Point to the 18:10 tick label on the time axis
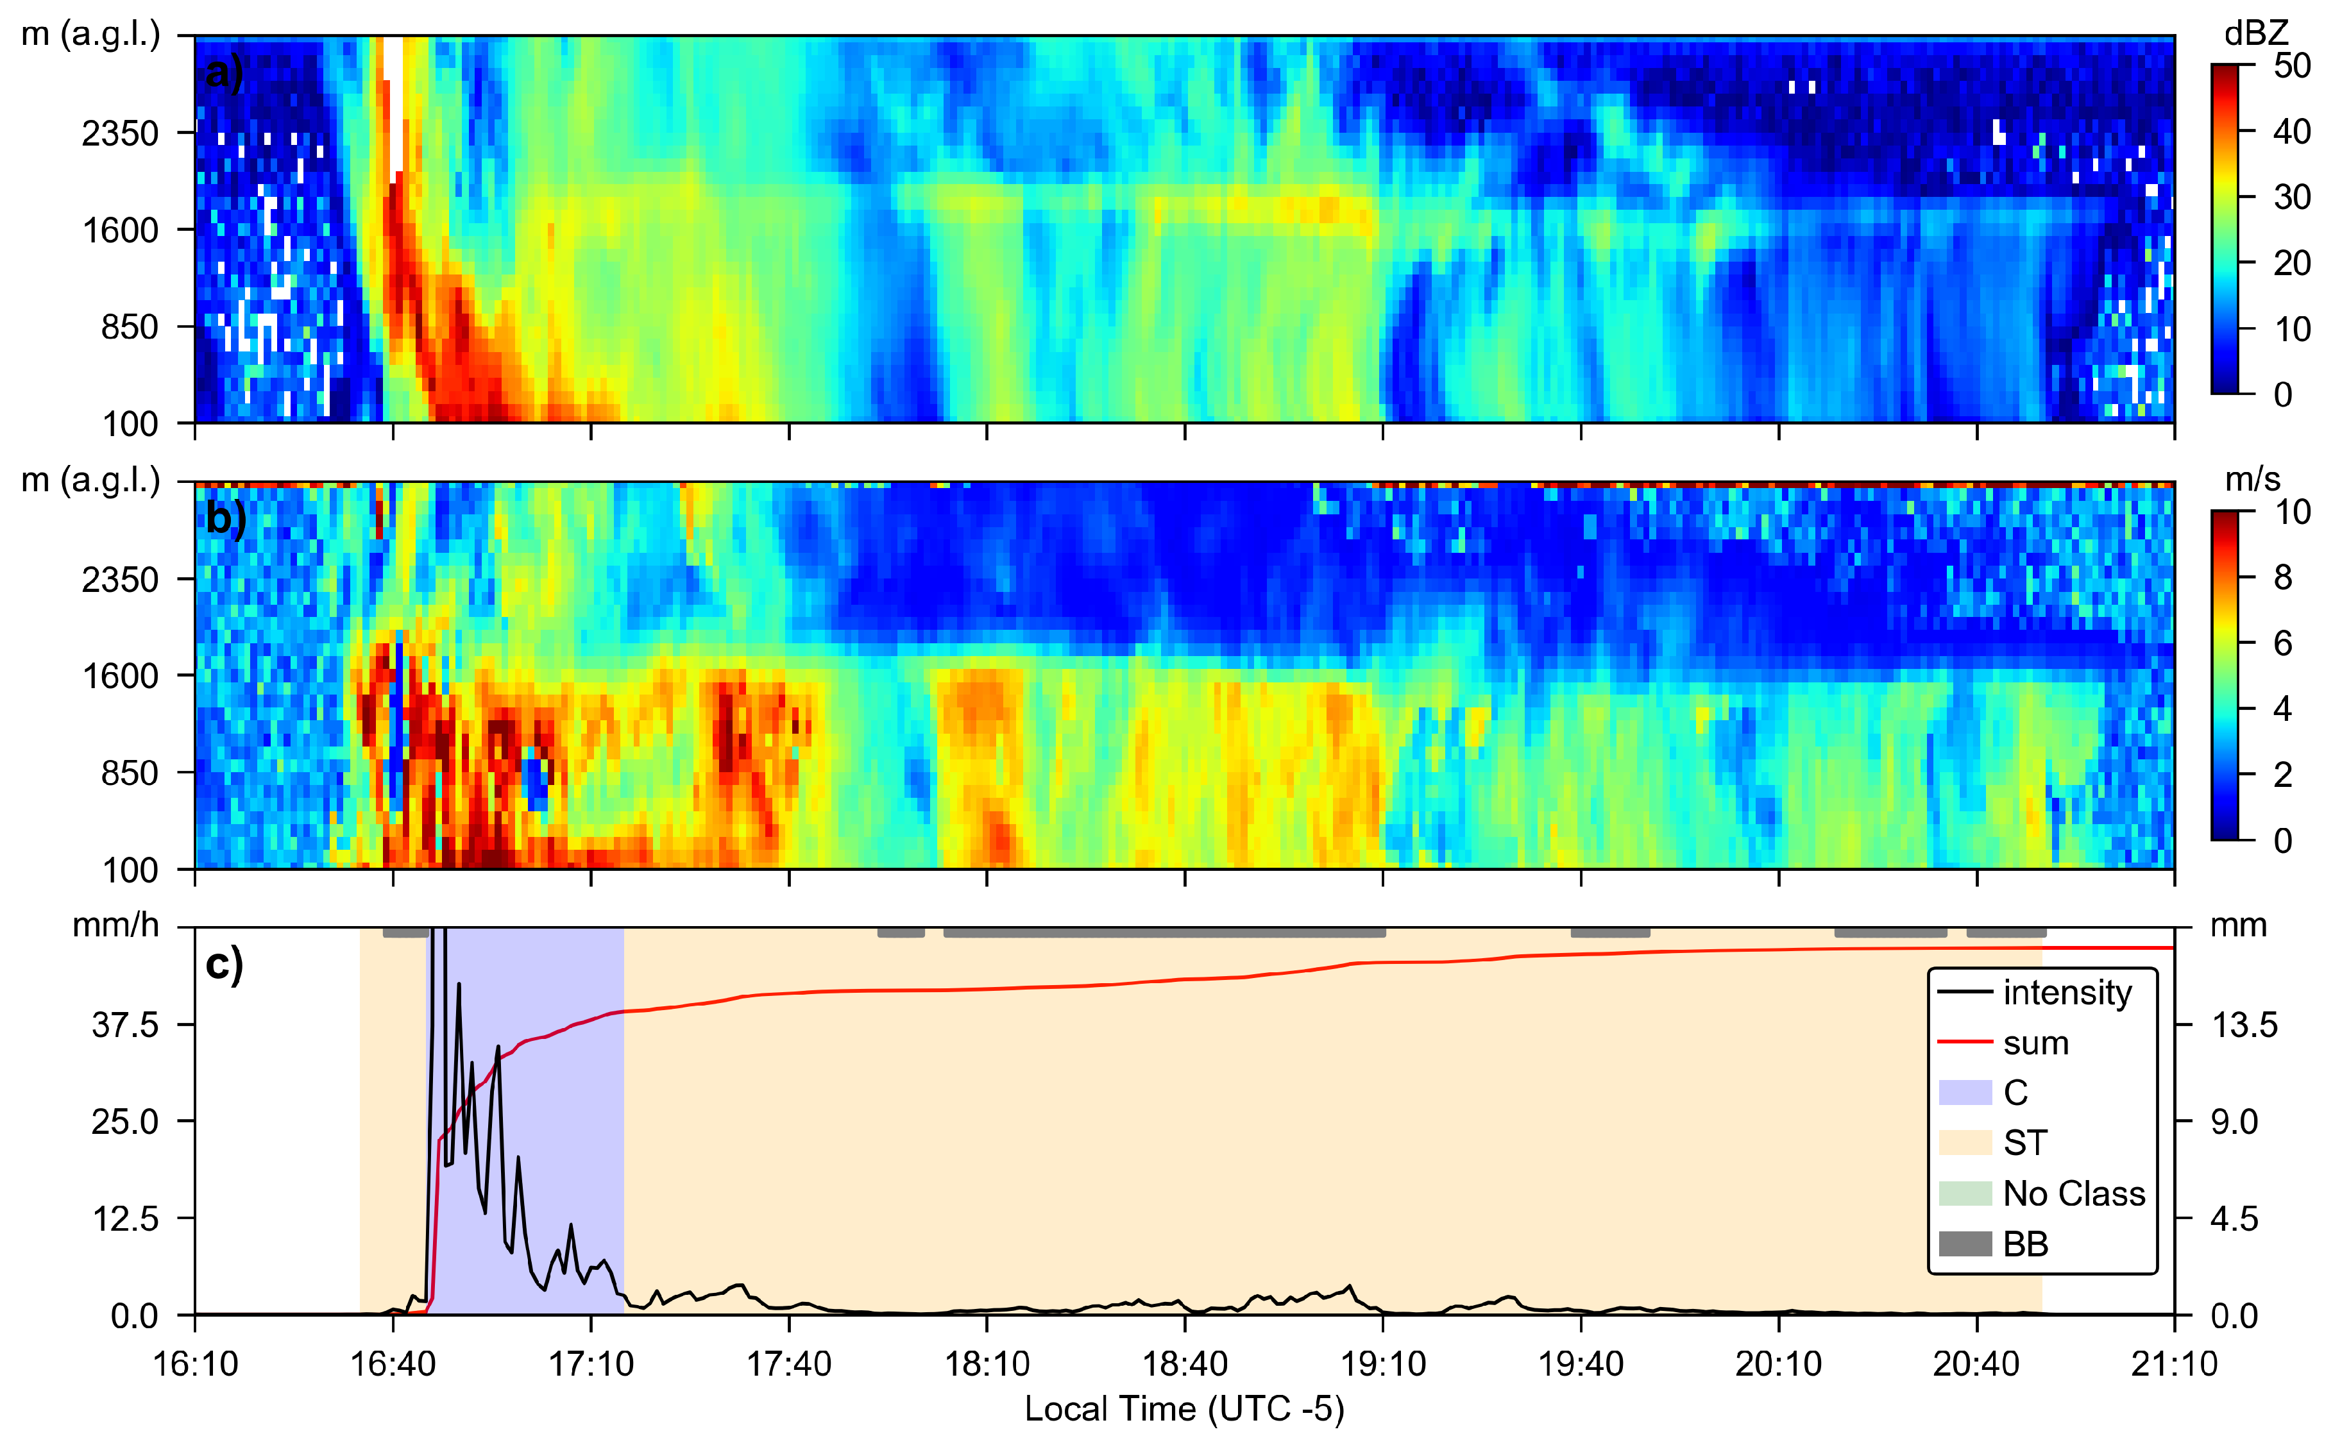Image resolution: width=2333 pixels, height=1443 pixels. (x=987, y=1363)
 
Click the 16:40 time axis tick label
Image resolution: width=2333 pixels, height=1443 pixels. (x=393, y=1363)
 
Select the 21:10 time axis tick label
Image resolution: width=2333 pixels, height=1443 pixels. (x=2173, y=1363)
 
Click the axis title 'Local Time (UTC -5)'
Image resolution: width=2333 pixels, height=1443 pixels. (x=1183, y=1408)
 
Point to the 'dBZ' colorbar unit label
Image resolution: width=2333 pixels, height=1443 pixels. (x=2255, y=33)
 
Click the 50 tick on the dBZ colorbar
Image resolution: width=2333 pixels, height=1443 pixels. (x=2291, y=66)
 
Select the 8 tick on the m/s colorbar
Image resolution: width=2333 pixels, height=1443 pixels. (x=2282, y=577)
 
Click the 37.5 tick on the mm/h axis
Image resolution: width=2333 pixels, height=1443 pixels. (x=125, y=1025)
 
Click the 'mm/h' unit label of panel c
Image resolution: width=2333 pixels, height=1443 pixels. (x=115, y=925)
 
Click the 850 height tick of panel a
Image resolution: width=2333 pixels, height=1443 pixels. (x=129, y=327)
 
